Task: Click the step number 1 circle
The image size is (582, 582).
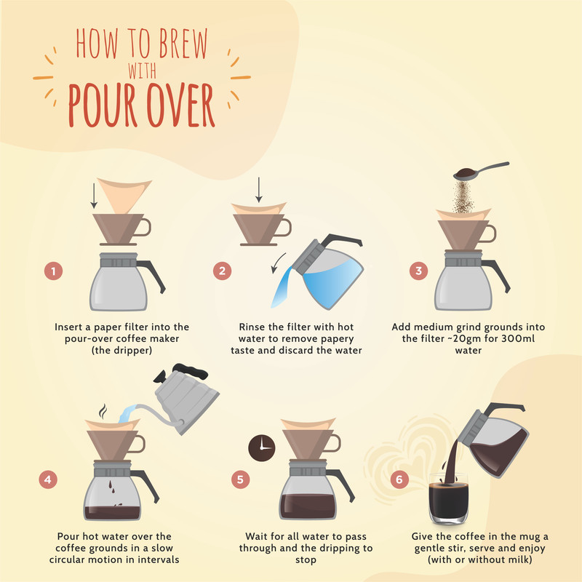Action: pos(53,271)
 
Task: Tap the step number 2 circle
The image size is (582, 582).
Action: pos(223,271)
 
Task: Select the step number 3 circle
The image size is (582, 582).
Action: pos(419,271)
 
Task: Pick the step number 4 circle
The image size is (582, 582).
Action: pos(48,479)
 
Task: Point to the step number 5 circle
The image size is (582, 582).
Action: pos(241,479)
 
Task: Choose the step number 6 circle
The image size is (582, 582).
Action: pos(399,479)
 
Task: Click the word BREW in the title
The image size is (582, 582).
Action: pos(183,44)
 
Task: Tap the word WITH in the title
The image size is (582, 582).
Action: pos(142,71)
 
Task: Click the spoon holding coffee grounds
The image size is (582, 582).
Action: pos(481,171)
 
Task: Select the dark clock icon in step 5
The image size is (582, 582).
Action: pos(262,448)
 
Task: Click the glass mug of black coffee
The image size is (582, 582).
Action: pos(448,498)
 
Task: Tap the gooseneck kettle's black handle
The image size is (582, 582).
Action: pos(190,371)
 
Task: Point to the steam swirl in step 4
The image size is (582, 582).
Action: pos(103,411)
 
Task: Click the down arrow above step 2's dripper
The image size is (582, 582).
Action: pos(259,190)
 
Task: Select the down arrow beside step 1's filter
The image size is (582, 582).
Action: pos(94,196)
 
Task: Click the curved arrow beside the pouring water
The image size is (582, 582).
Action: pos(278,263)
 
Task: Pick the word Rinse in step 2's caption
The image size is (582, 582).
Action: pos(252,327)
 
